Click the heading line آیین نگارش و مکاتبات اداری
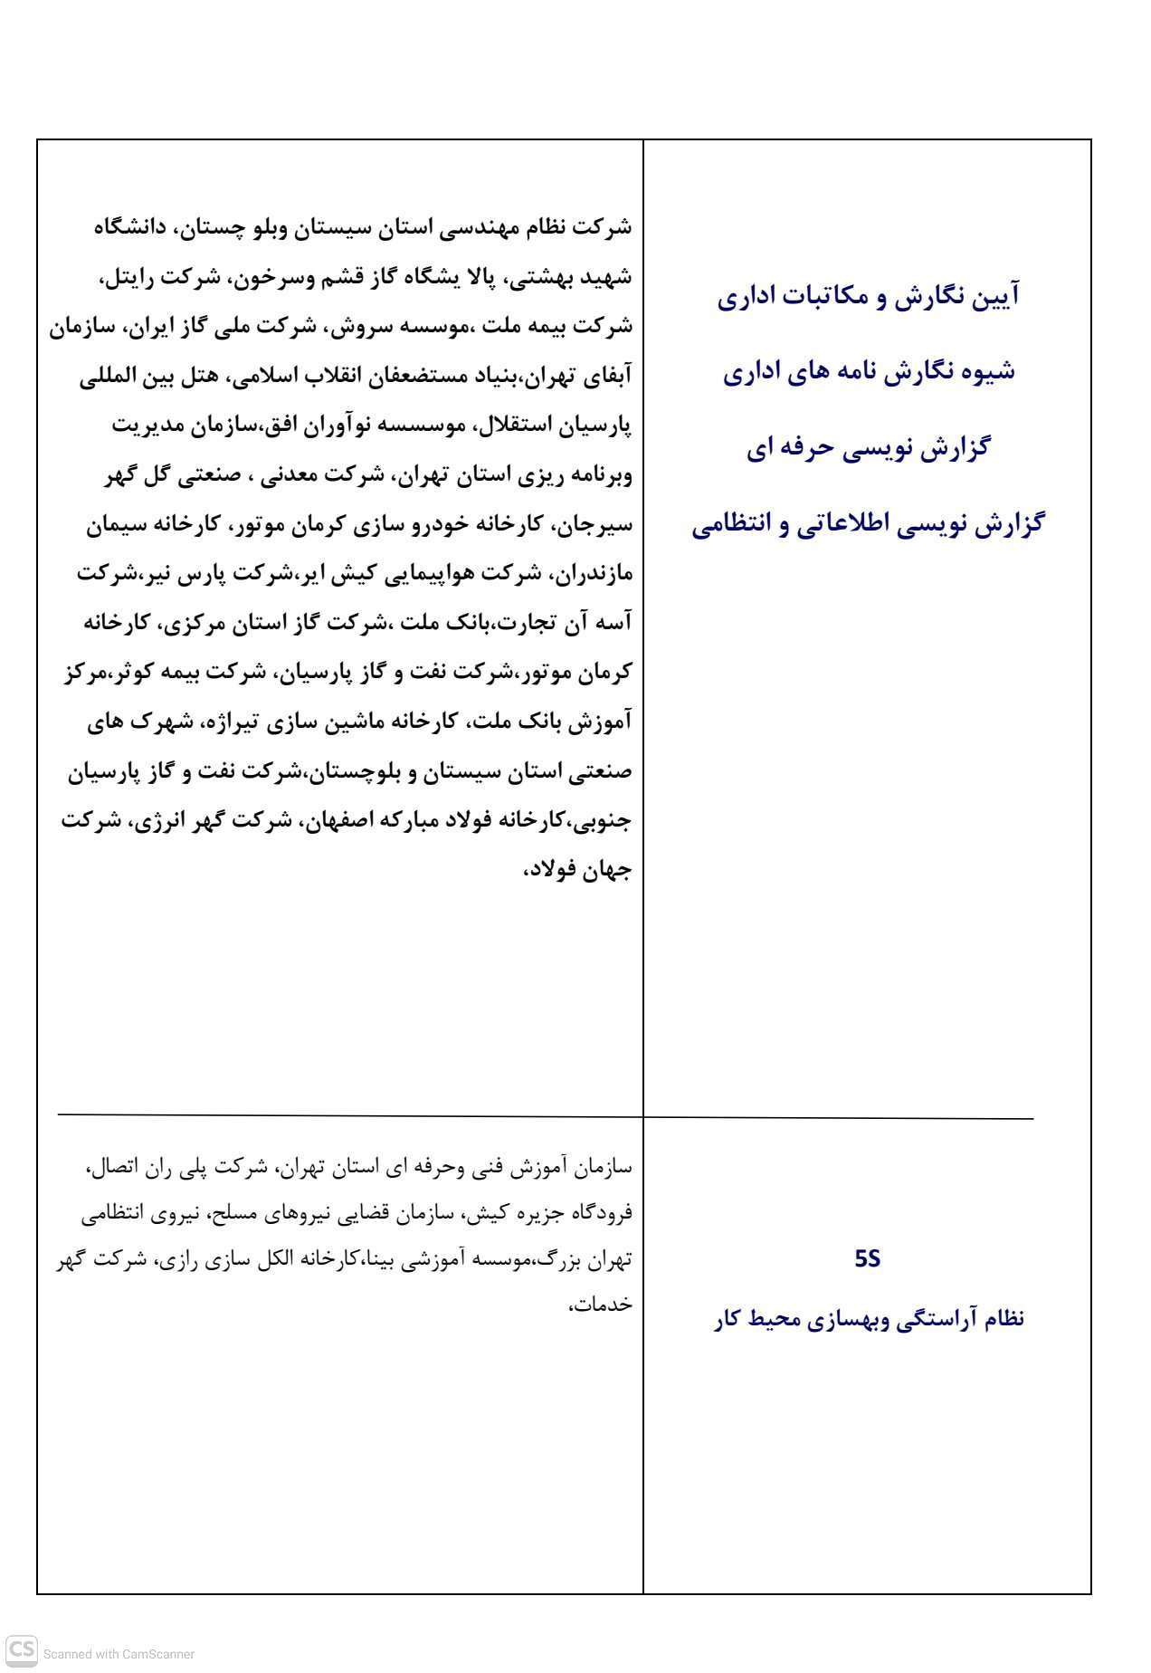[x=868, y=297]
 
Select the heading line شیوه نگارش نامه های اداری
[x=868, y=372]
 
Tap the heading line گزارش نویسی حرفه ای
[x=868, y=448]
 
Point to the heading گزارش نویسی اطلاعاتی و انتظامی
[x=868, y=524]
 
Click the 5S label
[x=867, y=1259]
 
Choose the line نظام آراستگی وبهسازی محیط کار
[x=868, y=1318]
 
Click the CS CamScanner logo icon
[x=22, y=1649]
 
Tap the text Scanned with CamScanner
[x=119, y=1654]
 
